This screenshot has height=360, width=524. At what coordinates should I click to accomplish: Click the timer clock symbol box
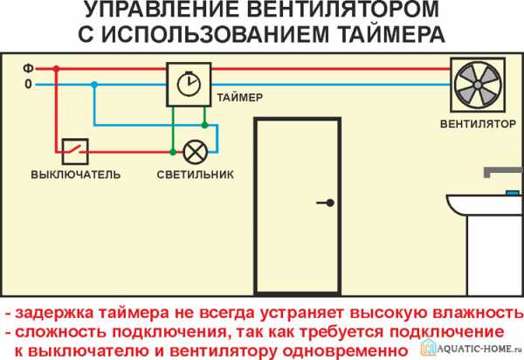pos(189,85)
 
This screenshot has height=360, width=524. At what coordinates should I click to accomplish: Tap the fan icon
pos(478,85)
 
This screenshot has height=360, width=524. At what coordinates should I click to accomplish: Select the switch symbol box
pos(75,151)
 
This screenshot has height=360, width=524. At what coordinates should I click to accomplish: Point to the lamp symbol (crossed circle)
pos(195,152)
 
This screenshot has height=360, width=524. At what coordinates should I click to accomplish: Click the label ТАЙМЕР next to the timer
pos(239,98)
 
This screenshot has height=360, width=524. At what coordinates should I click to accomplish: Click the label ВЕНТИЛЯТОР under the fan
pos(478,124)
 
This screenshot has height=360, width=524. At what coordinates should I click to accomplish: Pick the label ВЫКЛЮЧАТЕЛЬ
pos(75,175)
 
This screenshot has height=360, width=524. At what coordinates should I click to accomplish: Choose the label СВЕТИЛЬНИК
pos(195,175)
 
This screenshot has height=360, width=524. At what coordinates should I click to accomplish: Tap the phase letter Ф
pos(28,68)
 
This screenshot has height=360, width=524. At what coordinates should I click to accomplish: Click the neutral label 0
pos(29,84)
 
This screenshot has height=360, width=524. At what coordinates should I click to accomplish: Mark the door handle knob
pos(330,203)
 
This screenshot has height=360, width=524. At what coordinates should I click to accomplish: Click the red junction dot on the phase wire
pos(56,69)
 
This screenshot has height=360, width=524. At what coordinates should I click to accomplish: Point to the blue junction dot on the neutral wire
pos(94,85)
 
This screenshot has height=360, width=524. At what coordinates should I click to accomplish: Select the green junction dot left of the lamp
pos(173,152)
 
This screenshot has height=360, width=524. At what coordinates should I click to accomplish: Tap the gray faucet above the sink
pos(503,172)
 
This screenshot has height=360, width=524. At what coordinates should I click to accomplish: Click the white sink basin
pos(486,204)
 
